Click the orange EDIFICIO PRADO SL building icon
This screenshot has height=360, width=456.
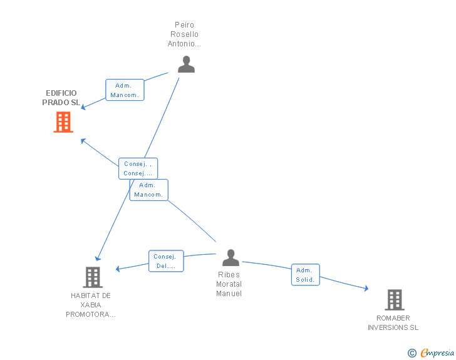(63, 122)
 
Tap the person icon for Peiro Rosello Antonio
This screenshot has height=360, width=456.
(186, 64)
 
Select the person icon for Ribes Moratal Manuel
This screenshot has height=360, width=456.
(231, 257)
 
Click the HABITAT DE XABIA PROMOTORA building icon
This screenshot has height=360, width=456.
(93, 277)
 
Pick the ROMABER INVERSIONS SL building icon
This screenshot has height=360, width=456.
(394, 300)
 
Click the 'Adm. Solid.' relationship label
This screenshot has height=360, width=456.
(306, 275)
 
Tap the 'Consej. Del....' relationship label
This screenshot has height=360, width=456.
(166, 261)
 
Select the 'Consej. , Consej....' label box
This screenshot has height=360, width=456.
(138, 168)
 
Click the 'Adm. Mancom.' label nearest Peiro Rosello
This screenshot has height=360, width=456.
(125, 90)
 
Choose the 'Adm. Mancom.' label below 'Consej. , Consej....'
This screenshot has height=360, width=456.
(148, 190)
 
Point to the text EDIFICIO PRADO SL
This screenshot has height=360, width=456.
(61, 98)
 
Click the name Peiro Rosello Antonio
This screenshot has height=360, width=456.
(184, 34)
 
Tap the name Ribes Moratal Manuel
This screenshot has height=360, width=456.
(229, 284)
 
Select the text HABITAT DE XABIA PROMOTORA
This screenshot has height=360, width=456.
(91, 305)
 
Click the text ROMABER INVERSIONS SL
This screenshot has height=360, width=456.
(393, 322)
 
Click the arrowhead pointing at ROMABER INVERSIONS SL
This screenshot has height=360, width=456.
(366, 289)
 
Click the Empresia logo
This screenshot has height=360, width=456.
(437, 352)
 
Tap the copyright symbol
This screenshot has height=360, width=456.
(412, 353)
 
